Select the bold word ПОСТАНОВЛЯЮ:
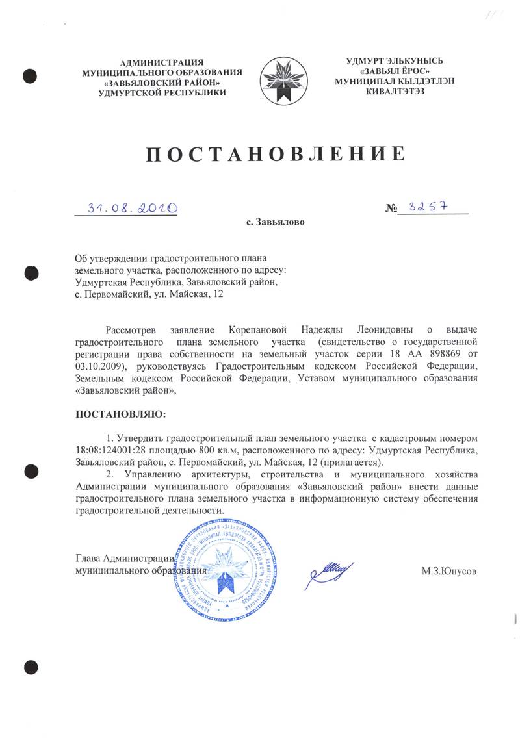tap(121, 414)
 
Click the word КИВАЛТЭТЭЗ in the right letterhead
tap(399, 92)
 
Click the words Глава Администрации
tap(123, 558)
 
